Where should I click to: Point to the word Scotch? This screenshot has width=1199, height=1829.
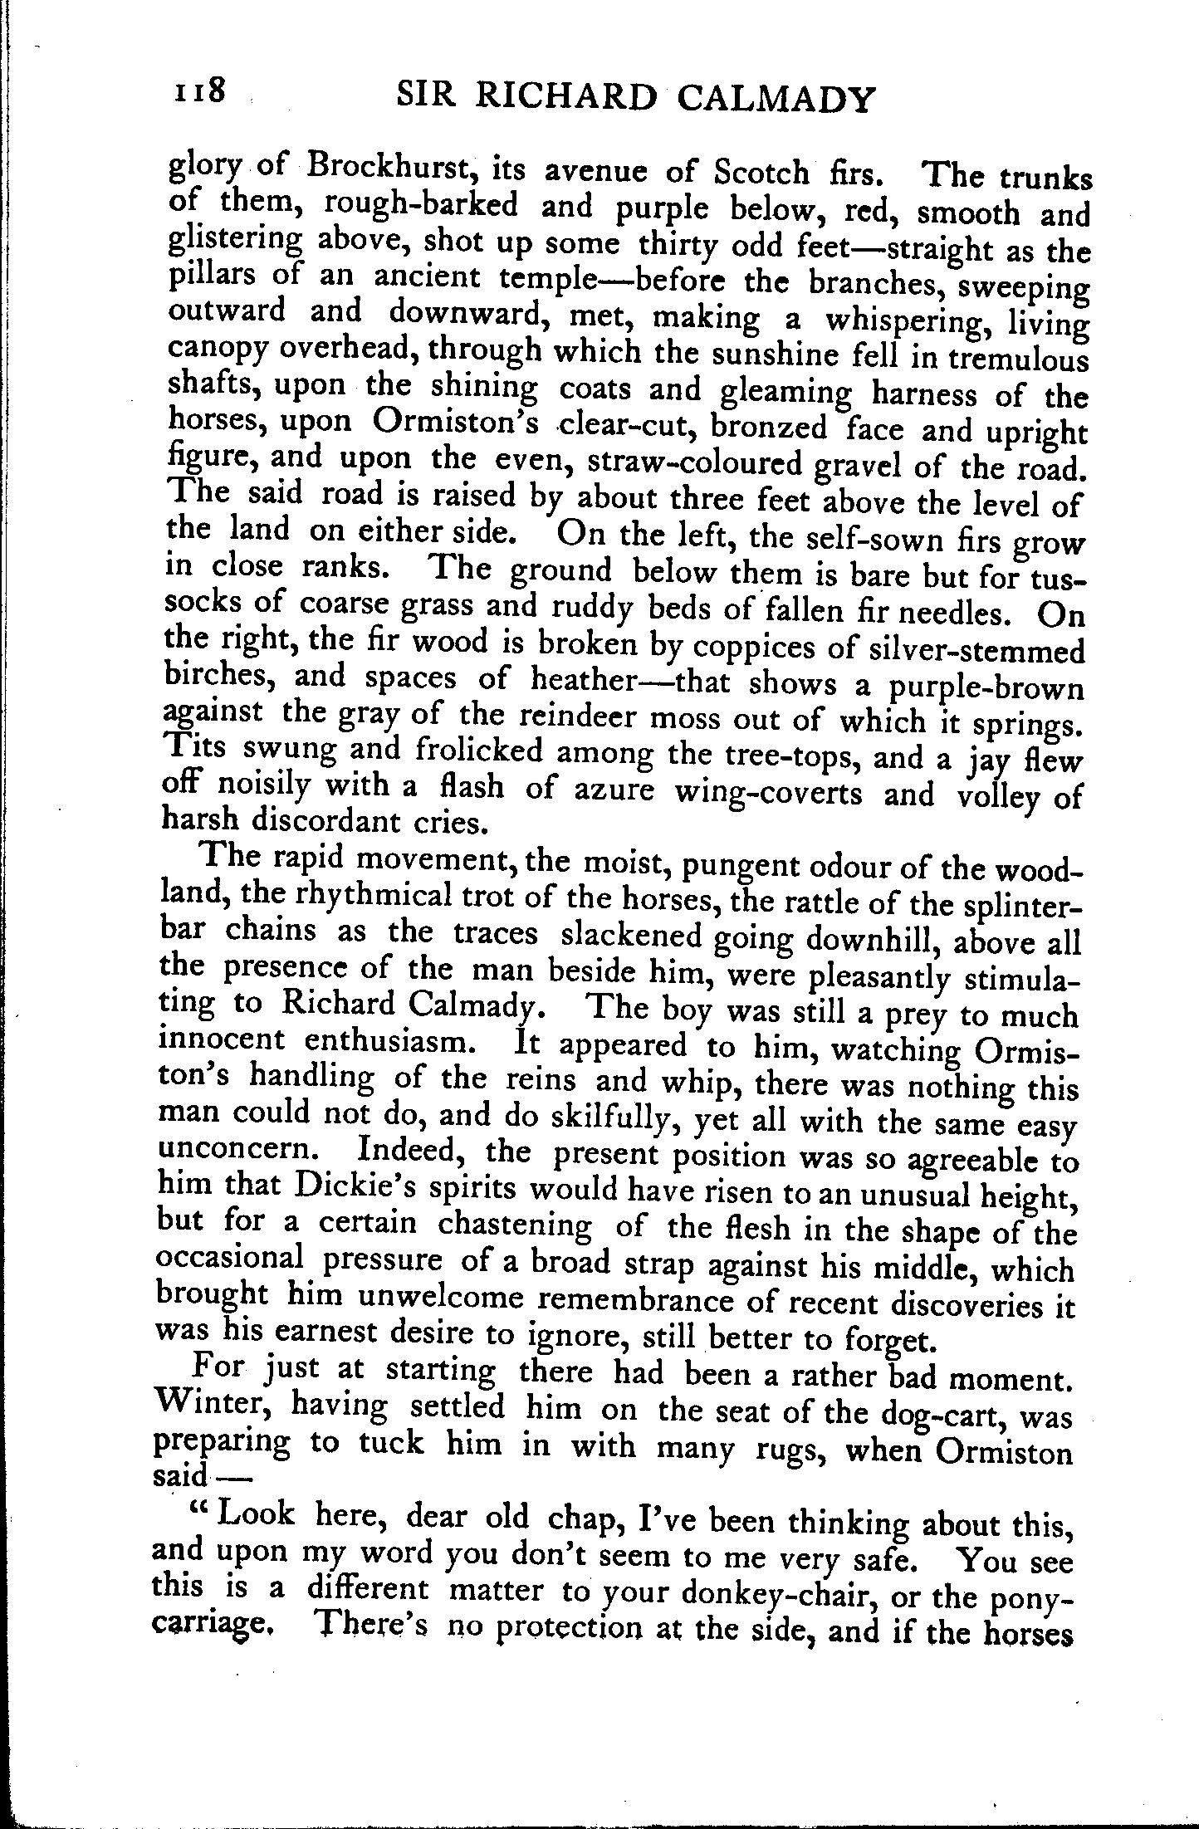coord(761,173)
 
